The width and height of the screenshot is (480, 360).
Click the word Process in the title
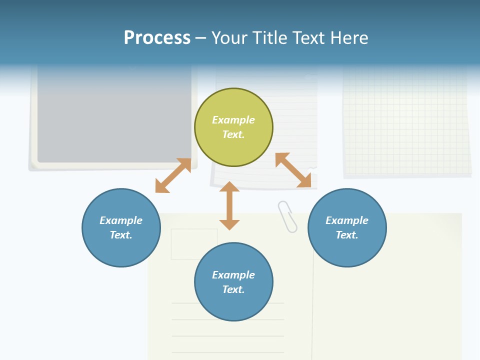(157, 38)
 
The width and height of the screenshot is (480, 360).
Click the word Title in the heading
(268, 38)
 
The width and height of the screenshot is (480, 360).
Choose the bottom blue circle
(233, 305)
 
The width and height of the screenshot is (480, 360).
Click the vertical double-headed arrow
(229, 205)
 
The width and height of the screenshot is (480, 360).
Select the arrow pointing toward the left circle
(173, 175)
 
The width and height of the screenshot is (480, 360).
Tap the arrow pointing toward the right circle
(293, 170)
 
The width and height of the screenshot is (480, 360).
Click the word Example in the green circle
(233, 120)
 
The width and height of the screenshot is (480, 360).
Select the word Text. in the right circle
(347, 235)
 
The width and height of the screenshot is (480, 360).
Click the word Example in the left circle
(121, 220)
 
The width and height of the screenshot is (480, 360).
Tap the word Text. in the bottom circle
(233, 289)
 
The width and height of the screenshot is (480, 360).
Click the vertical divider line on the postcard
(312, 310)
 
